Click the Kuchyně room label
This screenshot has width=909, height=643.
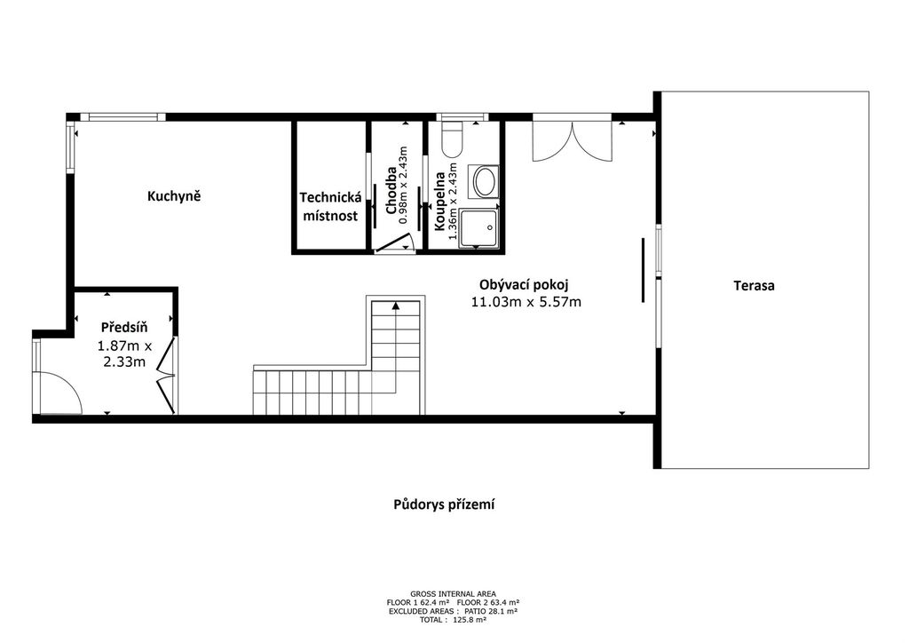click(174, 196)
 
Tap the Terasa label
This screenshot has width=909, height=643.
click(754, 285)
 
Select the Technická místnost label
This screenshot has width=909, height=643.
click(330, 206)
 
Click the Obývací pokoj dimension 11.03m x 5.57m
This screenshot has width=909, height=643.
click(526, 301)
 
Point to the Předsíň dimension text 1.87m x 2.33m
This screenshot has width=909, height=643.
click(124, 354)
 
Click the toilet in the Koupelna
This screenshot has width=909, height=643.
click(452, 139)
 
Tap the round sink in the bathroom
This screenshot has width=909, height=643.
click(486, 181)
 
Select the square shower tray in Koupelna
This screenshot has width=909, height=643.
click(478, 228)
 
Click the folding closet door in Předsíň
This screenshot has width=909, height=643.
click(167, 376)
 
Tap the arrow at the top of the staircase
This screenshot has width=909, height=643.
click(396, 306)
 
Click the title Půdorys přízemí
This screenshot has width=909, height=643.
click(444, 505)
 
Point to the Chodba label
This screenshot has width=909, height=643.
click(391, 190)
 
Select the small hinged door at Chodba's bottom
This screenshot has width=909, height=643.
click(393, 244)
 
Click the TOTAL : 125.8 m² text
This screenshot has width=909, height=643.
click(453, 620)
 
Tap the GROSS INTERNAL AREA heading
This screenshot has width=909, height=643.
click(453, 594)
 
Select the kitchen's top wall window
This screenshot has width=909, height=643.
click(123, 117)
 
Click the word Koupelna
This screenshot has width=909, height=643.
click(440, 202)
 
